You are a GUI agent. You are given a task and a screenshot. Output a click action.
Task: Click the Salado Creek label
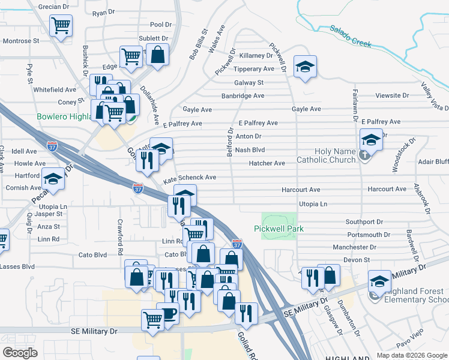[x=349, y=36]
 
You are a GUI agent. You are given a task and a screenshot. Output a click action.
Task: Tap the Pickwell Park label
[x=279, y=229]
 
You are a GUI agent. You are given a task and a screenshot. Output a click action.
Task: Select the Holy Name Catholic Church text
[x=327, y=155]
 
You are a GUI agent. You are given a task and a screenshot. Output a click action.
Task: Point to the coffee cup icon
[x=167, y=313]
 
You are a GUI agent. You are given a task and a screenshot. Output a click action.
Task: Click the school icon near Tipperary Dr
[x=305, y=66]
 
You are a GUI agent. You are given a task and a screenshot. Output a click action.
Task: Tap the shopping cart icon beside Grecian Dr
[x=61, y=25]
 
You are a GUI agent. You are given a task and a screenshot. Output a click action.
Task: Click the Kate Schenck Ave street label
[x=190, y=178]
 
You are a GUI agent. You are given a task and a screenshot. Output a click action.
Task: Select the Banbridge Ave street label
[x=243, y=95]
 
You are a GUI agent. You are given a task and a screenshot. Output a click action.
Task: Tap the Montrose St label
[x=21, y=41]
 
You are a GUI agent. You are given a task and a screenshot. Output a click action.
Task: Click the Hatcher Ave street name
[x=267, y=163]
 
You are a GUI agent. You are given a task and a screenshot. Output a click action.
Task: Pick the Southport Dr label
[x=364, y=222]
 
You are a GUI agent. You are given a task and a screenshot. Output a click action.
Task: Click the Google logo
[x=20, y=352]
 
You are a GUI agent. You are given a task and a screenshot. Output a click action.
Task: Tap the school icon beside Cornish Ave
[x=53, y=179]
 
